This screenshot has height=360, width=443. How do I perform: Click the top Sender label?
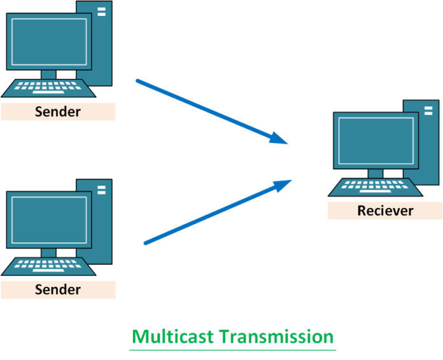(58, 112)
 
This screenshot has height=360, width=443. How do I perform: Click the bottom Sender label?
(58, 290)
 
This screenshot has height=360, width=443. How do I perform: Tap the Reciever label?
(385, 211)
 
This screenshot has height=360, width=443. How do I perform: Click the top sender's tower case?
(102, 45)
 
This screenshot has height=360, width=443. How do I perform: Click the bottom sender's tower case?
(102, 223)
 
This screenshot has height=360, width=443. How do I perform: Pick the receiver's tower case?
(429, 143)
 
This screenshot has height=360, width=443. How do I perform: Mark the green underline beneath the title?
(233, 349)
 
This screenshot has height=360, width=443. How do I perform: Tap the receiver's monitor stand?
(376, 173)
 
